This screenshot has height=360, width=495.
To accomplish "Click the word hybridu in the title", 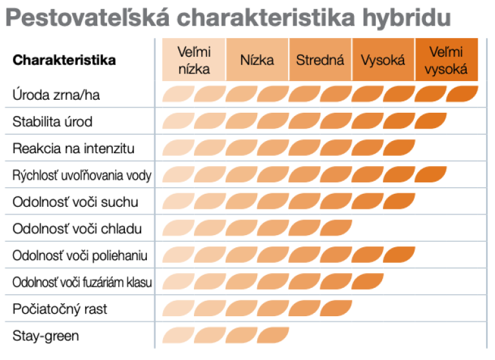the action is pyautogui.click(x=407, y=18).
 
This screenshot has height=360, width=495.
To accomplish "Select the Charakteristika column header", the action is pyautogui.click(x=64, y=60).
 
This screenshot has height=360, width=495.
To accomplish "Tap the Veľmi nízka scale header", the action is pyautogui.click(x=194, y=60).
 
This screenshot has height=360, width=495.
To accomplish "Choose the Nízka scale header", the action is pyautogui.click(x=257, y=60).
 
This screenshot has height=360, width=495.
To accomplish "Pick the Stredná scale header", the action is pyautogui.click(x=320, y=60).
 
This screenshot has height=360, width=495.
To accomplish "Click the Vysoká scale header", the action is pyautogui.click(x=383, y=60).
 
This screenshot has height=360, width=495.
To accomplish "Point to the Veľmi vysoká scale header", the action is pyautogui.click(x=446, y=60).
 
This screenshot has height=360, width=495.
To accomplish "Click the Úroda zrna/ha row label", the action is pyautogui.click(x=56, y=95).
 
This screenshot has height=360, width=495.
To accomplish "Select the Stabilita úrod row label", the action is pyautogui.click(x=52, y=122).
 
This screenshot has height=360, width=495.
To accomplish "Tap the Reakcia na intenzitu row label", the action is pyautogui.click(x=73, y=148).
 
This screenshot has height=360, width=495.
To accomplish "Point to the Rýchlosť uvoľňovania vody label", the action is pyautogui.click(x=82, y=175).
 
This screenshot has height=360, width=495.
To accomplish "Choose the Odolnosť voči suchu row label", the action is pyautogui.click(x=75, y=202).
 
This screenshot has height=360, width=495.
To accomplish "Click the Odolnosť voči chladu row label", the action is pyautogui.click(x=77, y=229).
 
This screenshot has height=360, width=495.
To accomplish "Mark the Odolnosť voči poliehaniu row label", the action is pyautogui.click(x=80, y=256).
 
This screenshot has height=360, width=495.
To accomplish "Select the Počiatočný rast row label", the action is pyautogui.click(x=60, y=309).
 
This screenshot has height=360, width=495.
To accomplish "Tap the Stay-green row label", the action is pyautogui.click(x=46, y=336).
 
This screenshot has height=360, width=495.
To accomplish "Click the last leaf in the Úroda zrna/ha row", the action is pyautogui.click(x=462, y=94).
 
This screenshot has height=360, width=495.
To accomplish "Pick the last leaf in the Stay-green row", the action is pyautogui.click(x=273, y=335).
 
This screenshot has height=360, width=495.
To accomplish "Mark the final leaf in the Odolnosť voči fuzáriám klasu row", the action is pyautogui.click(x=367, y=281).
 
